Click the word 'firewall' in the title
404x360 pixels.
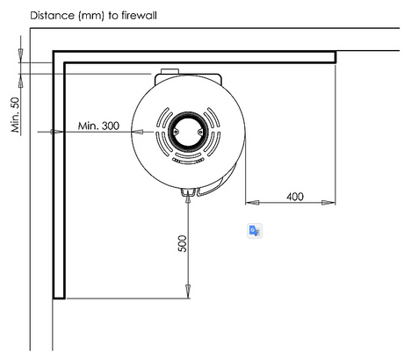pos(139,15)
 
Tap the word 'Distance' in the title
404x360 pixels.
pos(53,15)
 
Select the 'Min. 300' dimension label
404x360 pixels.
pos(98,126)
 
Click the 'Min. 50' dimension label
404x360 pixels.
pos(15,115)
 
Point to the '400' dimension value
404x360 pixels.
pos(295,197)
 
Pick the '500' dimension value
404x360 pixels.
pos(182,243)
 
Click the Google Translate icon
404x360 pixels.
pos(255,231)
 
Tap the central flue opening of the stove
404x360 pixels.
pos(188,132)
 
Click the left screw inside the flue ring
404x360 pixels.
pos(176,132)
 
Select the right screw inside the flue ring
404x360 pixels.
pos(200,132)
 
